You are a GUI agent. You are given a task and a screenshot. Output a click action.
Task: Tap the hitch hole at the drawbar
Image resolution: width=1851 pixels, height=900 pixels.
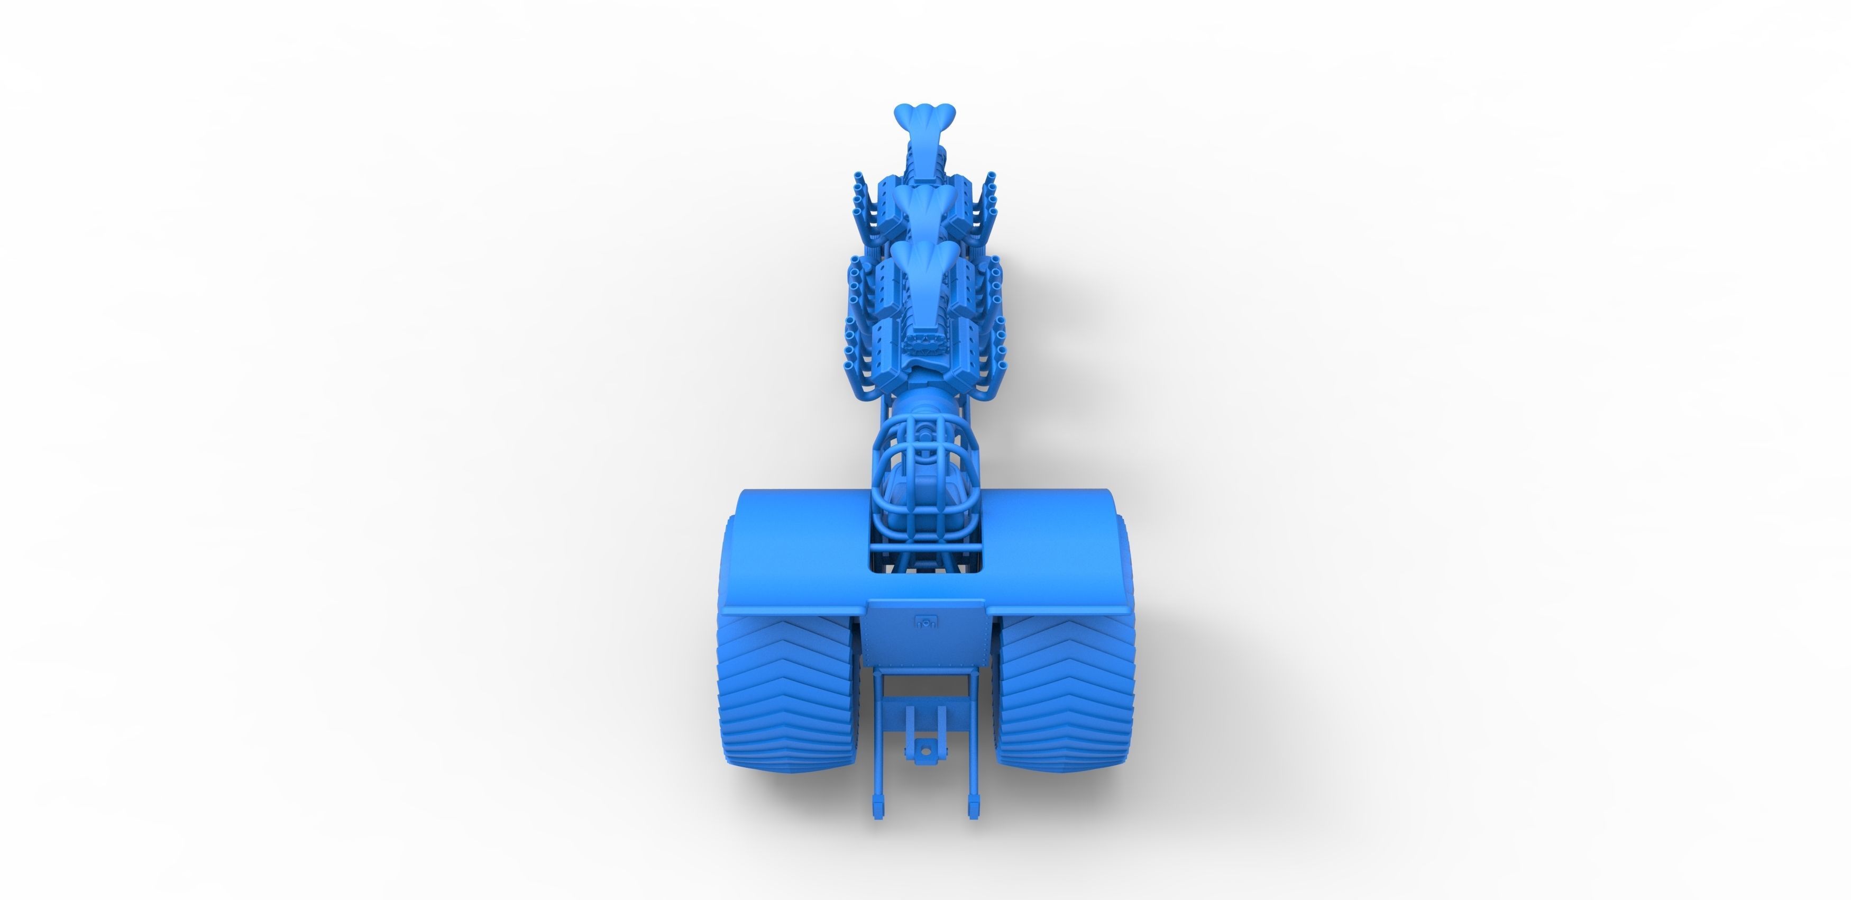pos(925,750)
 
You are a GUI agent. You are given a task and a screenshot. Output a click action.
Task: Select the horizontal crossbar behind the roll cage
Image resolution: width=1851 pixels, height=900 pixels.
pos(925,551)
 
